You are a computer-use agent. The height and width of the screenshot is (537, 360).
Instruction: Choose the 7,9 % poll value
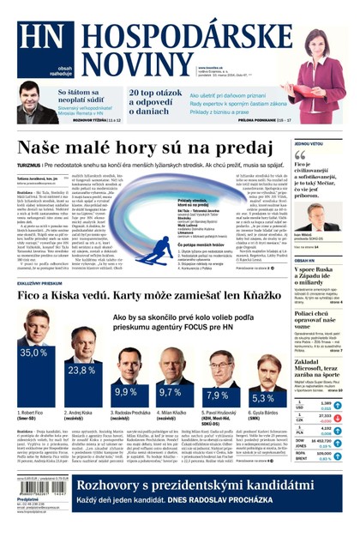coord(217,395)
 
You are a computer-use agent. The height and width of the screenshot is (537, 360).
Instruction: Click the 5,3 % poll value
coord(261,398)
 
